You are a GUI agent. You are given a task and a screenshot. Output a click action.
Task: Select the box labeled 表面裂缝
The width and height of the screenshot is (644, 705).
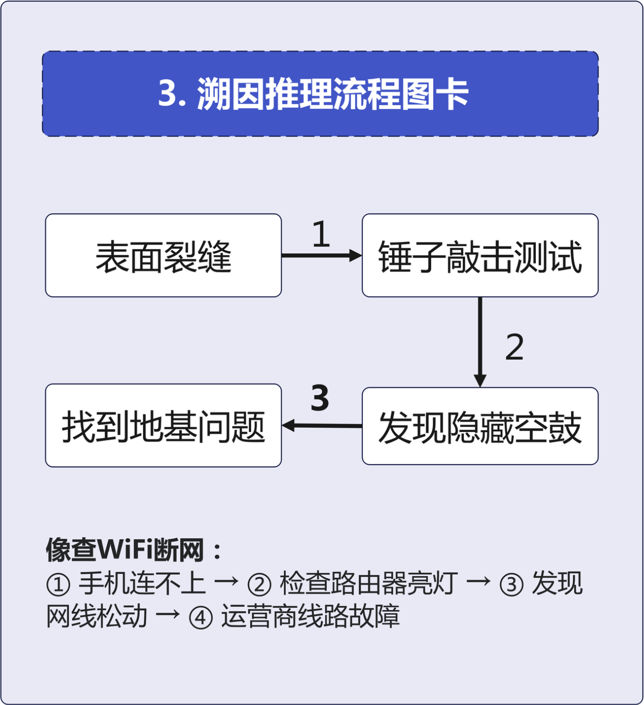coord(163,256)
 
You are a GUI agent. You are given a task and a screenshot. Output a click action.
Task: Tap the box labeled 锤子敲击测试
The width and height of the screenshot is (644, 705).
coord(480,256)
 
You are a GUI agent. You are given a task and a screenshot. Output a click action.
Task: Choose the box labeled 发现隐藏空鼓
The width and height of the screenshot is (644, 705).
coord(480,427)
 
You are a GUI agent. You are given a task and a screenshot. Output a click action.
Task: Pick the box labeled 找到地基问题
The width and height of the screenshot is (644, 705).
coord(163,426)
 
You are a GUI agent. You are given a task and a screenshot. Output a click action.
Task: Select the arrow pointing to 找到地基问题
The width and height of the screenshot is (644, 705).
coord(322,426)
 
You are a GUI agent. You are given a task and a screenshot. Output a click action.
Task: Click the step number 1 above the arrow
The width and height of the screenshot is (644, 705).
coord(321,234)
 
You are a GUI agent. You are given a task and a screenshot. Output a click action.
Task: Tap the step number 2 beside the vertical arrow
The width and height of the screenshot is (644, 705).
coord(514,347)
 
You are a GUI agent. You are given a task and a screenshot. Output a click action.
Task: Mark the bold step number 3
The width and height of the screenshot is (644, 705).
coord(320,398)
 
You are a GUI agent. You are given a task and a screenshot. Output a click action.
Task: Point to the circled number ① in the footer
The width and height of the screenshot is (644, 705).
coord(58,585)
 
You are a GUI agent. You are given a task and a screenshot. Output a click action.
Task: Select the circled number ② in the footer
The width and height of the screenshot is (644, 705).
coord(260,585)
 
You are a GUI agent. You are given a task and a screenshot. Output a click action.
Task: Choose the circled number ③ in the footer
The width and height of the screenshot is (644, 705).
coord(512,585)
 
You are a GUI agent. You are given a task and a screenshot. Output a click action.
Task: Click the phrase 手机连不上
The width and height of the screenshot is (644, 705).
coord(142,584)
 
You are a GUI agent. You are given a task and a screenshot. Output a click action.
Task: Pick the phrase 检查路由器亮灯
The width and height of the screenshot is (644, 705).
coord(368,584)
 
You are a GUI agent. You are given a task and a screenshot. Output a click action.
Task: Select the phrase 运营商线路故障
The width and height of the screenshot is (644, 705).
coord(310,616)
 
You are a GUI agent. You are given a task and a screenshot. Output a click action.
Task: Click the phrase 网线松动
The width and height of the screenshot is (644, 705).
coord(97,616)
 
